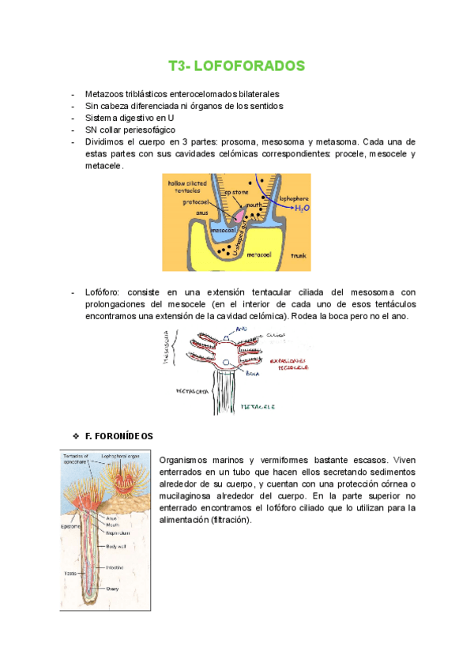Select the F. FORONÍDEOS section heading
point(118,435)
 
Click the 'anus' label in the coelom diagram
point(202,212)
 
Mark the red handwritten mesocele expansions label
point(288,363)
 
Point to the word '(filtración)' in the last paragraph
point(225,521)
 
